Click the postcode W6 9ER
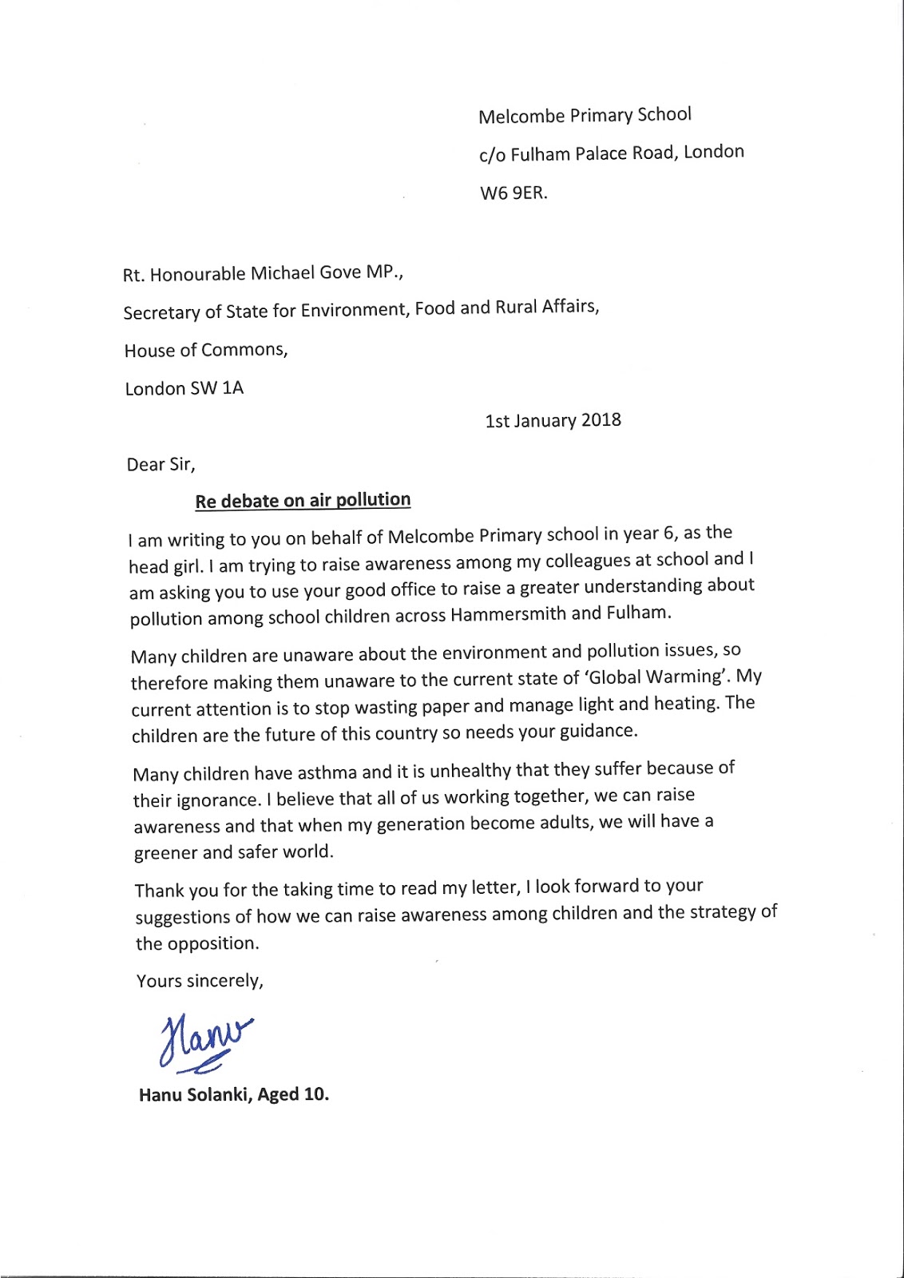pyautogui.click(x=513, y=193)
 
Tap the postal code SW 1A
pyautogui.click(x=217, y=388)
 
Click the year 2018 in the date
pyautogui.click(x=601, y=420)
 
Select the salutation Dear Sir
pyautogui.click(x=161, y=464)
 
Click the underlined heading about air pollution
pyautogui.click(x=303, y=501)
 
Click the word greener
pyautogui.click(x=165, y=853)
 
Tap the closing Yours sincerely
pyautogui.click(x=200, y=981)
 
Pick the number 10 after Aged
pyautogui.click(x=315, y=1093)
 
